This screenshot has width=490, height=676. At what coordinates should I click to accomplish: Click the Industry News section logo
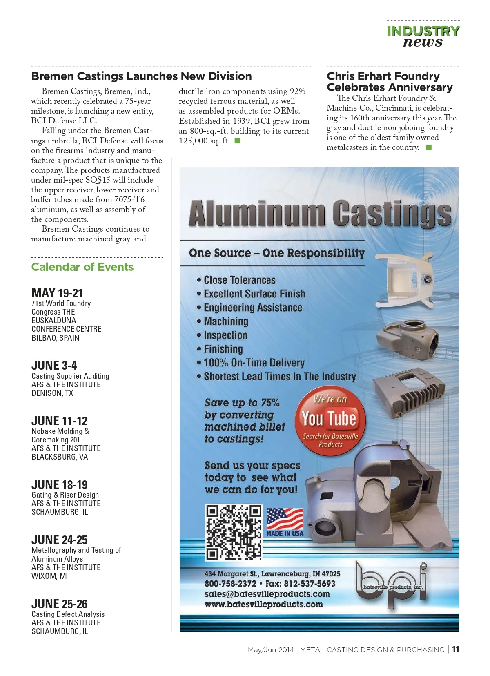click(423, 36)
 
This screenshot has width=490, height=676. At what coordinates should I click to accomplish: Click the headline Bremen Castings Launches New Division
click(141, 76)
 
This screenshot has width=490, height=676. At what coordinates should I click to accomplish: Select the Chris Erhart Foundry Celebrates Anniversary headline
click(390, 82)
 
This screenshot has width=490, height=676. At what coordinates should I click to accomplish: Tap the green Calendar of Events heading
click(82, 267)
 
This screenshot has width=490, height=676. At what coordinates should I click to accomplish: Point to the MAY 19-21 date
click(57, 293)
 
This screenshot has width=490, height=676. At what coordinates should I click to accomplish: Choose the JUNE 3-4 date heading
click(54, 365)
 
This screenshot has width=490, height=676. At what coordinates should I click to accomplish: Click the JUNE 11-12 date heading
click(60, 421)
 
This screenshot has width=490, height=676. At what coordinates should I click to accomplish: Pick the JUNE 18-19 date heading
click(60, 484)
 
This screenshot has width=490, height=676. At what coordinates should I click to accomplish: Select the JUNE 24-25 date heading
click(60, 540)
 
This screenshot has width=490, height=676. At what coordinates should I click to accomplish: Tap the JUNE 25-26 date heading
click(60, 604)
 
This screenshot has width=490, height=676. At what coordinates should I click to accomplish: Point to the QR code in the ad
click(234, 532)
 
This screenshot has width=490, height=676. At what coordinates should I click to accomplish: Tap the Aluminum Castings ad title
click(320, 214)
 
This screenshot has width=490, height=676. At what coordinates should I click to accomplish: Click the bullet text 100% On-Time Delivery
click(254, 363)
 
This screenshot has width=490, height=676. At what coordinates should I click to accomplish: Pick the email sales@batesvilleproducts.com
click(267, 594)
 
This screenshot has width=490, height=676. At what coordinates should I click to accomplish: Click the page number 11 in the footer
click(455, 649)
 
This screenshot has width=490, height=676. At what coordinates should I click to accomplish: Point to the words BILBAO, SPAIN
click(56, 338)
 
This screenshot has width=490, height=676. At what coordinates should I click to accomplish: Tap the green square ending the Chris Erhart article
click(429, 147)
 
